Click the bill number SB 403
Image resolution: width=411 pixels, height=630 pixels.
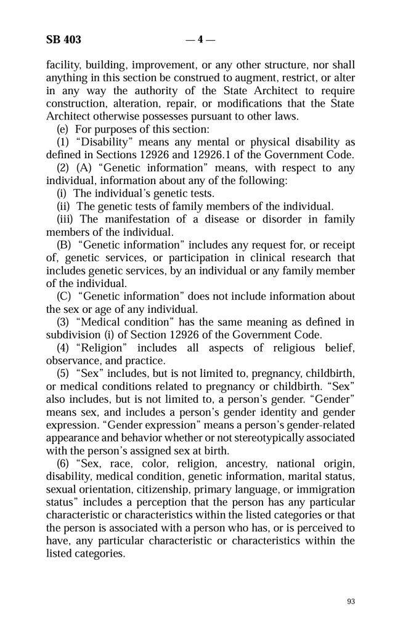(63, 41)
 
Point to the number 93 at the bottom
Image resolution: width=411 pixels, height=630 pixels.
(351, 602)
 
